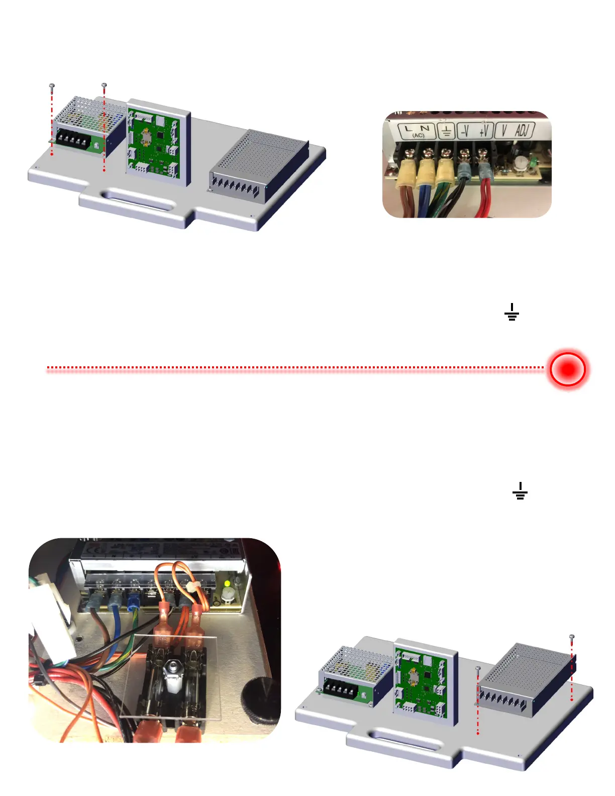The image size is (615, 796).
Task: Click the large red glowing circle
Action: click(567, 369)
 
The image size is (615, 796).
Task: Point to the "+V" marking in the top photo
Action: click(484, 131)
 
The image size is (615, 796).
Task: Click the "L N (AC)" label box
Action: click(417, 131)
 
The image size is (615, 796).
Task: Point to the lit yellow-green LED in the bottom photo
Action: click(227, 584)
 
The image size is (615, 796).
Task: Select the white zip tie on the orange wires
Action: click(190, 586)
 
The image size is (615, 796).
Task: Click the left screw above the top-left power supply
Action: click(52, 86)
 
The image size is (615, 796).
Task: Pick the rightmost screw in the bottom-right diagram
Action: click(572, 637)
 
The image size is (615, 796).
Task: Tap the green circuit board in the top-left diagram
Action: click(156, 143)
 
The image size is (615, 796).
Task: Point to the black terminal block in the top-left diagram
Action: click(73, 140)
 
